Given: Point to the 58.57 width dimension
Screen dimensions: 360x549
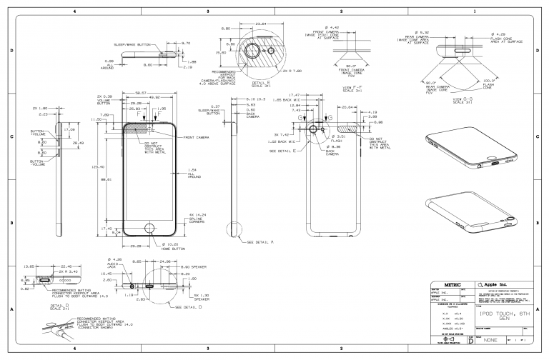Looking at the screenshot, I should click(x=142, y=93).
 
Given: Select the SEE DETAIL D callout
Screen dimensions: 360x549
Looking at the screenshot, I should click(x=188, y=307).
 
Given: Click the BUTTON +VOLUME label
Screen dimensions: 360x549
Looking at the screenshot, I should click(x=35, y=131).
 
